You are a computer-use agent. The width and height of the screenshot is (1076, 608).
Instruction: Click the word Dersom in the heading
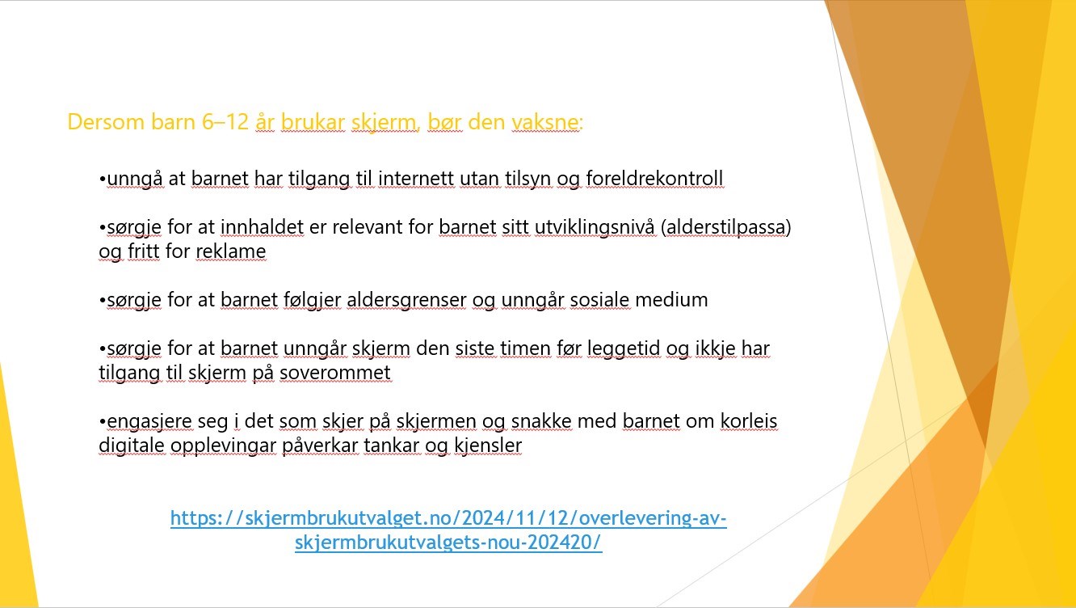(x=106, y=121)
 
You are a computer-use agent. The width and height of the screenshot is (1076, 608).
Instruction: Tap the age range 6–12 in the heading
(x=225, y=121)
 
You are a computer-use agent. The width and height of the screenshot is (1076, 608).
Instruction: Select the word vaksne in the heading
(x=545, y=121)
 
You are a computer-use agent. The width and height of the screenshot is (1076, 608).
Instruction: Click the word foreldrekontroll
(x=654, y=179)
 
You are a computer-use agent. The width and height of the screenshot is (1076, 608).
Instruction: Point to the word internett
(x=416, y=179)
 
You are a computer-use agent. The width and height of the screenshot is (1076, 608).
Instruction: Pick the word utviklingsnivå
(x=595, y=227)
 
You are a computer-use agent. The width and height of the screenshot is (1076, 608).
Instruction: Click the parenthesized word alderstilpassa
(x=726, y=227)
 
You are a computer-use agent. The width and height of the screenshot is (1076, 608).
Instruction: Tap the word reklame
(x=231, y=251)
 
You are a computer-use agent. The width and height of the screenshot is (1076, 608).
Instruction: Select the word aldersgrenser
(x=406, y=300)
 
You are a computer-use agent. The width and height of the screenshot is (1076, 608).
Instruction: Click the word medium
(x=671, y=300)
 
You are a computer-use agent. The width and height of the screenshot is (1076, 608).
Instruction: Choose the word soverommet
(x=335, y=373)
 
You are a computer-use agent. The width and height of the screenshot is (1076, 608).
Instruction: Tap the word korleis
(x=749, y=421)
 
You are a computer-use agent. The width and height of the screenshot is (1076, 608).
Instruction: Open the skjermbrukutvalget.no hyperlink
(x=448, y=530)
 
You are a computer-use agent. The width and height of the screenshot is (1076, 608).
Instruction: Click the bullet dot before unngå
(x=102, y=179)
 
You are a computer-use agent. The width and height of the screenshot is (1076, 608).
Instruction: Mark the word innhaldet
(x=263, y=227)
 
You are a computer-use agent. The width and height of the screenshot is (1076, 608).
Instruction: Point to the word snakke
(x=541, y=421)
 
